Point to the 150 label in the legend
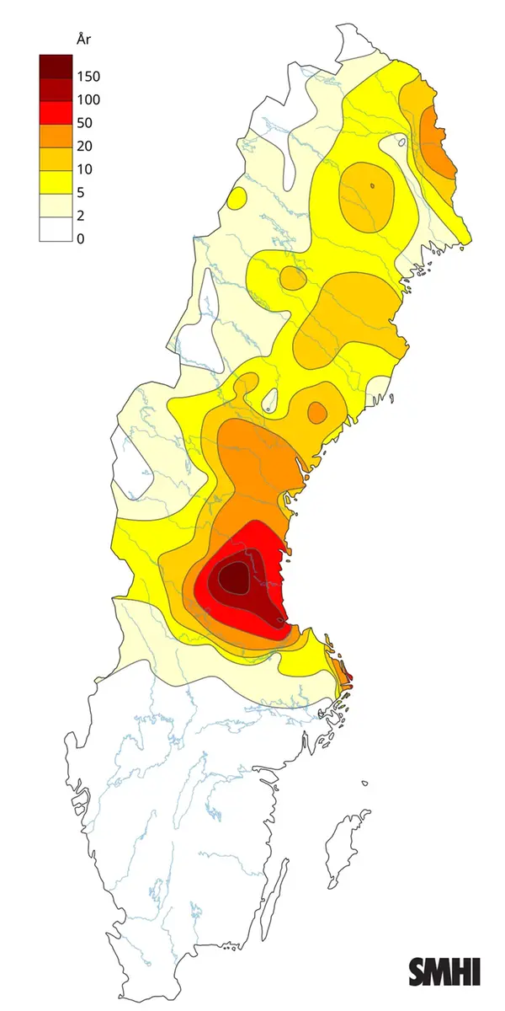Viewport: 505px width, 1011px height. click(88, 77)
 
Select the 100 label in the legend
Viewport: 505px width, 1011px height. click(88, 100)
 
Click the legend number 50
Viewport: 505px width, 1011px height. click(84, 123)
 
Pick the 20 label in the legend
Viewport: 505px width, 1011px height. click(84, 147)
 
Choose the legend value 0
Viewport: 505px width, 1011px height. click(81, 239)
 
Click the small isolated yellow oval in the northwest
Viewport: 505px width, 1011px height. click(237, 199)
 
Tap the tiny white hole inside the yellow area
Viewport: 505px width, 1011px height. click(270, 399)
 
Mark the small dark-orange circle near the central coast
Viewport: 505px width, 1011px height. click(316, 412)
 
